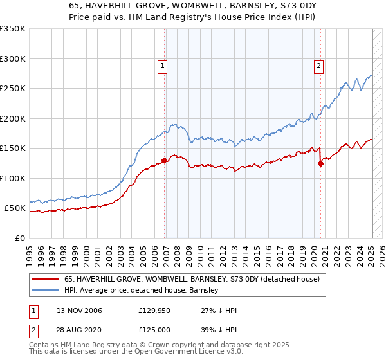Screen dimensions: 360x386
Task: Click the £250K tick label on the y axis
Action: pos(13,89)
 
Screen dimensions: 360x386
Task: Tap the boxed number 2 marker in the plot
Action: pos(318,65)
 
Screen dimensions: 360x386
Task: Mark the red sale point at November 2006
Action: pos(165,160)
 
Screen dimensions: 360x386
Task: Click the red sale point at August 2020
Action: pos(320,163)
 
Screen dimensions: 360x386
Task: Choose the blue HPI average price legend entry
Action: pos(142,290)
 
